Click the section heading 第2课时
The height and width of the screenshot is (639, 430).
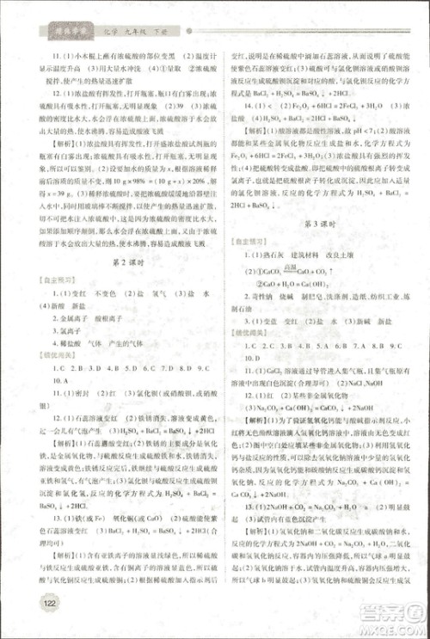(x=121, y=259)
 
